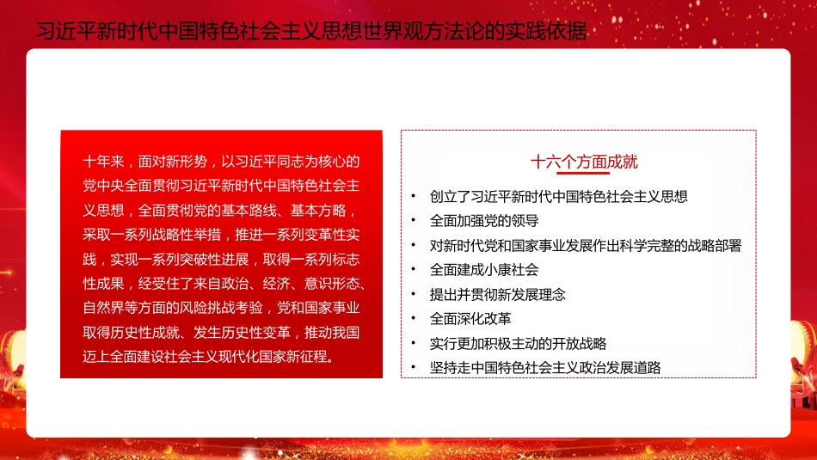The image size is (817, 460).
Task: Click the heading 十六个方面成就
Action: pyautogui.click(x=584, y=162)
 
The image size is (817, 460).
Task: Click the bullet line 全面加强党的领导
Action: pyautogui.click(x=484, y=220)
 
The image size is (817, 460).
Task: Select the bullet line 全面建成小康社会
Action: pyautogui.click(x=484, y=269)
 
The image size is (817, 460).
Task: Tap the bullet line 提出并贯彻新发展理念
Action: pyautogui.click(x=498, y=294)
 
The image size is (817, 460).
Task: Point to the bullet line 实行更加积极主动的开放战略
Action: pyautogui.click(x=519, y=343)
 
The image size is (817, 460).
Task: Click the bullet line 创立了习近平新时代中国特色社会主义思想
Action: pyautogui.click(x=559, y=196)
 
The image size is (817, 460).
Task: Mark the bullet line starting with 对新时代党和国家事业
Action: pyautogui.click(x=586, y=245)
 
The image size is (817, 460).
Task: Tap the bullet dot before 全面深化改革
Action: pyautogui.click(x=414, y=319)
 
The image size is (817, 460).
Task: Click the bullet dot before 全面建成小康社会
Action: pyautogui.click(x=414, y=269)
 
